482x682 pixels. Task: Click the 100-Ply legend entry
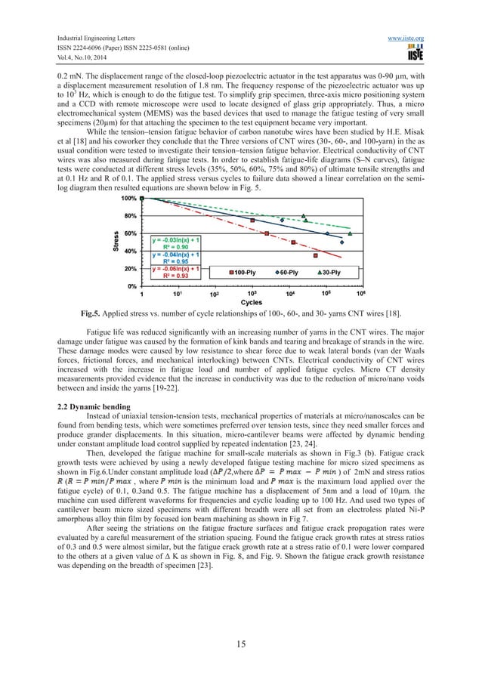[x=245, y=270]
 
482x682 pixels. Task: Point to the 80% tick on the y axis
[x=129, y=215]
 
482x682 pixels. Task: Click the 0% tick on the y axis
[x=131, y=286]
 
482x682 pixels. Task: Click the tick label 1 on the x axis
[x=142, y=295]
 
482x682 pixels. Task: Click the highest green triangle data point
[x=304, y=216]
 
